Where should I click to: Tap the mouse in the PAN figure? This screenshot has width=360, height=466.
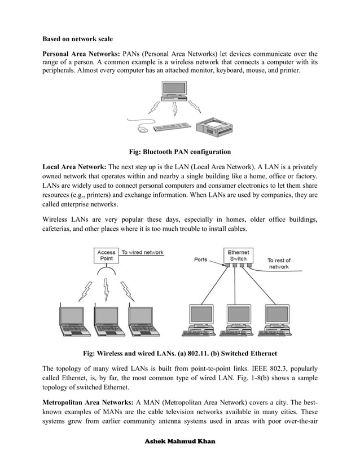coord(143,129)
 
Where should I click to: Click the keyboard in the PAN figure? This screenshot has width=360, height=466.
coord(172,127)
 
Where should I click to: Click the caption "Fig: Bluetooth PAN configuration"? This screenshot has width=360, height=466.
coord(179,152)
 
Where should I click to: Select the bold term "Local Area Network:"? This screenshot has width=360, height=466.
coord(74,167)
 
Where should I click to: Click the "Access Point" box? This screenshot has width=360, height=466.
coord(106,256)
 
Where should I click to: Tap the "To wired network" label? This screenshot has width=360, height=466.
coord(143,252)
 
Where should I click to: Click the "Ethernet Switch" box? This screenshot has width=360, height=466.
coord(238,256)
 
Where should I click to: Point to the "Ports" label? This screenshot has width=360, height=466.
coord(201,260)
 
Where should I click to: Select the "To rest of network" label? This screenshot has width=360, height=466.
coord(279,263)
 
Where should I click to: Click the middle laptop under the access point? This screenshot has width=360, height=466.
coord(107,320)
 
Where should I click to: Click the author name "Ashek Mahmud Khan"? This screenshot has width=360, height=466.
coord(179,440)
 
